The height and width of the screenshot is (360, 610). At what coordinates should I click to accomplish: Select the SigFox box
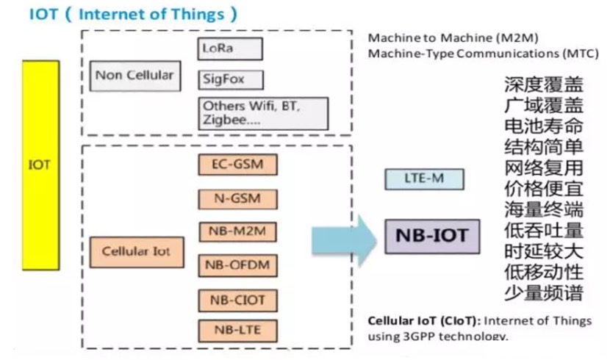click(230, 79)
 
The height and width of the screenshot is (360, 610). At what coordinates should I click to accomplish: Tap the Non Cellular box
click(134, 76)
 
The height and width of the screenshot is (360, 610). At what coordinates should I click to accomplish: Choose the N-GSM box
click(237, 198)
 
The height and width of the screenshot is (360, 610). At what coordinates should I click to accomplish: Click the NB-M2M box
click(237, 232)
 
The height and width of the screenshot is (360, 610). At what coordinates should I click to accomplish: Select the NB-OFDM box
click(237, 265)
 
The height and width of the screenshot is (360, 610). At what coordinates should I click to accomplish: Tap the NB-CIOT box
click(237, 300)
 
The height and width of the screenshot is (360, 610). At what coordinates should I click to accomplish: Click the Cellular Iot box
click(135, 251)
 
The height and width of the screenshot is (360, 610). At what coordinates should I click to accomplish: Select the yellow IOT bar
click(40, 165)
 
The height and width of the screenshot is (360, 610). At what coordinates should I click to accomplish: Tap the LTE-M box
click(425, 179)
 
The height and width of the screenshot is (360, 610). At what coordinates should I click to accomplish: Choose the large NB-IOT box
click(431, 236)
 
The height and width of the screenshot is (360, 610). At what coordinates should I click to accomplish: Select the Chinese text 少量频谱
click(543, 292)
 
